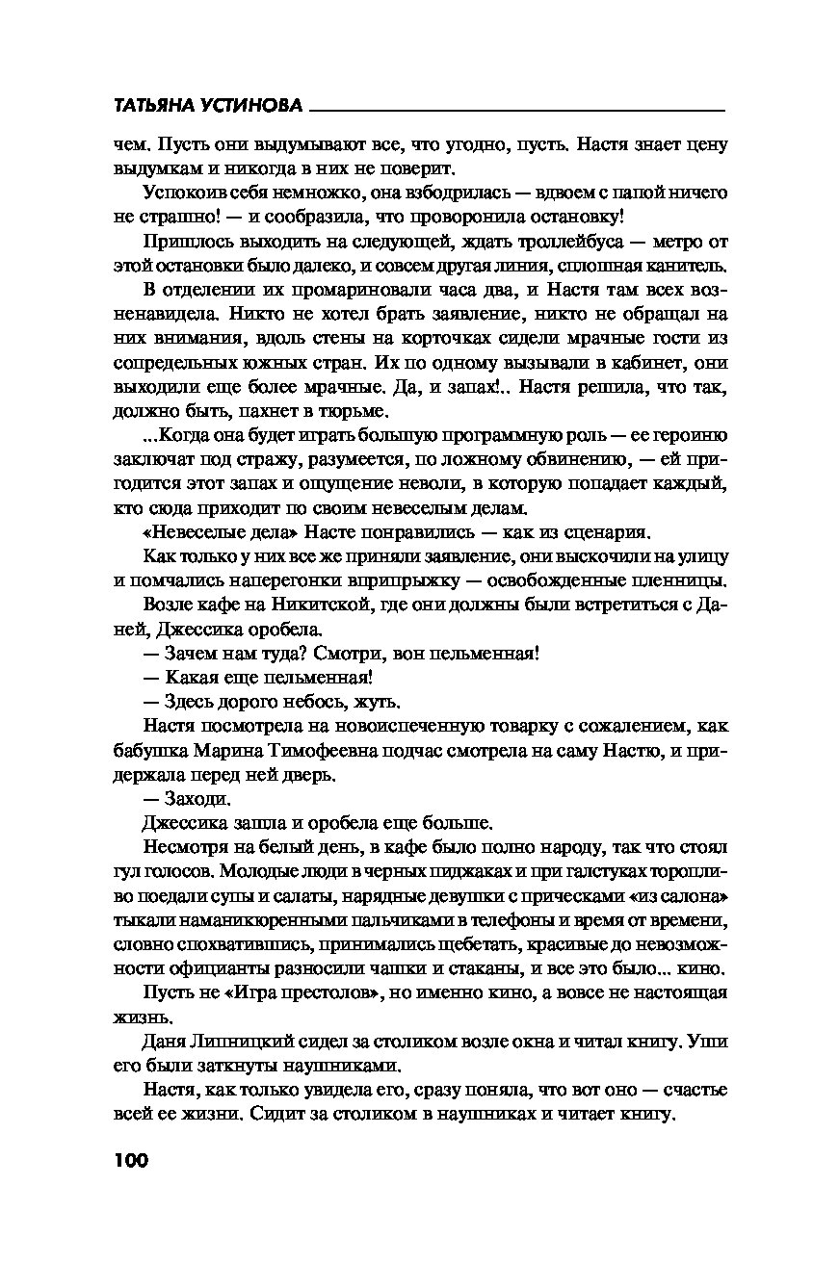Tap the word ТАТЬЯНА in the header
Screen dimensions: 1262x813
coord(160,107)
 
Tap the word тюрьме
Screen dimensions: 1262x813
coord(351,412)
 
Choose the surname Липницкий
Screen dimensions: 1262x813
coord(249,1042)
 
